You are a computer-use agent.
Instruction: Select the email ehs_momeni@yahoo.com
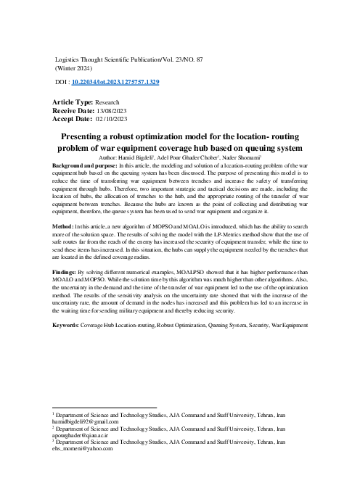click(x=78, y=449)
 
